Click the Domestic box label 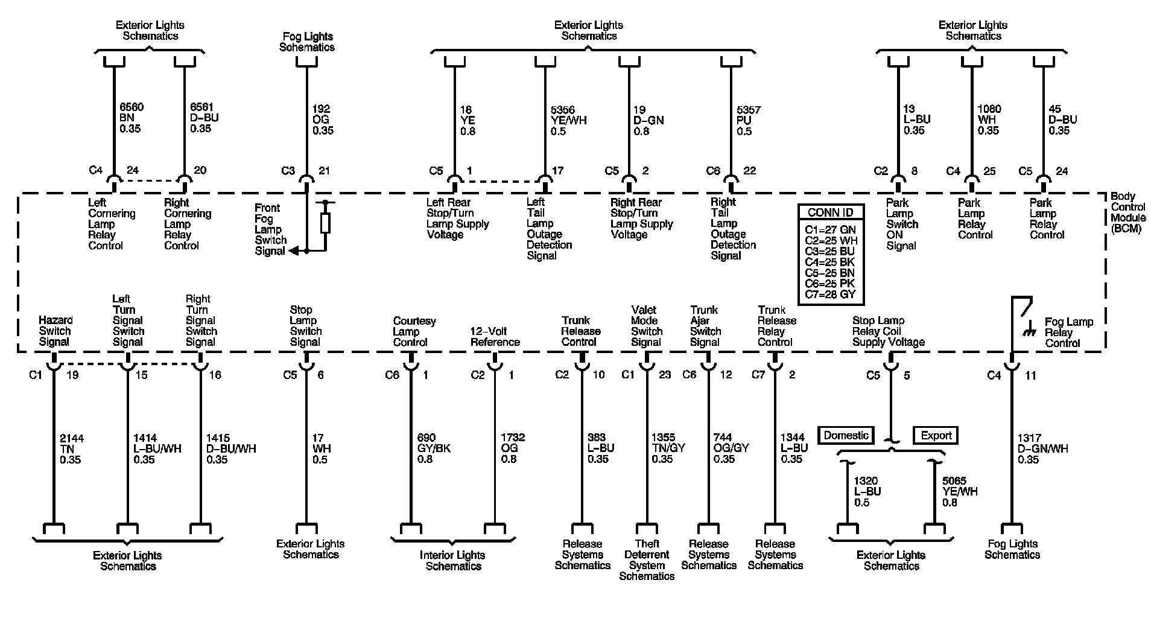(x=846, y=435)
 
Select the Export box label (x=936, y=435)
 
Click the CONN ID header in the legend (x=831, y=212)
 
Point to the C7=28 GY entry (x=830, y=295)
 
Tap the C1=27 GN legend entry (x=830, y=229)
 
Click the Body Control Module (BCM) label (x=1127, y=212)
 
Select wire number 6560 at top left (x=132, y=107)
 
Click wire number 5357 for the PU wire (x=749, y=110)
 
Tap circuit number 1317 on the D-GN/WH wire (x=1030, y=438)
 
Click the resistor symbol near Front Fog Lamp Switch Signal (x=325, y=223)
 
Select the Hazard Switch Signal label (x=55, y=331)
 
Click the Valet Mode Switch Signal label (x=646, y=326)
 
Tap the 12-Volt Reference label (x=495, y=337)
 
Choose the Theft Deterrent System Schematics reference (x=647, y=559)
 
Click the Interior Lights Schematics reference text (x=452, y=560)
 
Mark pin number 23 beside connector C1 (x=664, y=375)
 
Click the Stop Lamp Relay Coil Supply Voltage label (x=888, y=331)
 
